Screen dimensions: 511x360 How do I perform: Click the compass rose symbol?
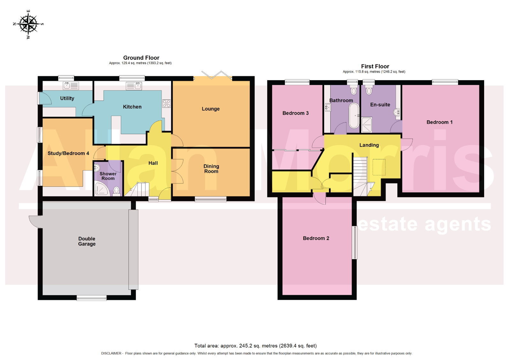click(28, 24)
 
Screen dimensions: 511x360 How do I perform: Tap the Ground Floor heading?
click(141, 58)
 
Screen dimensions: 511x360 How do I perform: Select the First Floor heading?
click(375, 66)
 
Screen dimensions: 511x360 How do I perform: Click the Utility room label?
click(67, 98)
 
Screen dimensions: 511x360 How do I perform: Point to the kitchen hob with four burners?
click(166, 103)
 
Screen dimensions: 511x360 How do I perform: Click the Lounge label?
click(210, 109)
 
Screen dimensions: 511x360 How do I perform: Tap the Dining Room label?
click(211, 169)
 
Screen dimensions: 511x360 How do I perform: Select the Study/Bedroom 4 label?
click(68, 153)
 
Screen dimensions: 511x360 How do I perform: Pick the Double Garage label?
click(87, 241)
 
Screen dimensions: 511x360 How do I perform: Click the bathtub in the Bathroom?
click(354, 116)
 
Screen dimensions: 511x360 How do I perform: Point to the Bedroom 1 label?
click(439, 122)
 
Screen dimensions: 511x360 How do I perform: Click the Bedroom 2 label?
click(316, 238)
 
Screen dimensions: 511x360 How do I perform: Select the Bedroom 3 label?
click(295, 113)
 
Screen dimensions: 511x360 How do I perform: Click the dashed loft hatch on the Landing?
click(379, 167)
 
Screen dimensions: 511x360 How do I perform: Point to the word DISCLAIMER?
click(111, 353)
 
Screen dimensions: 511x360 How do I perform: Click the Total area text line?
click(256, 346)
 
